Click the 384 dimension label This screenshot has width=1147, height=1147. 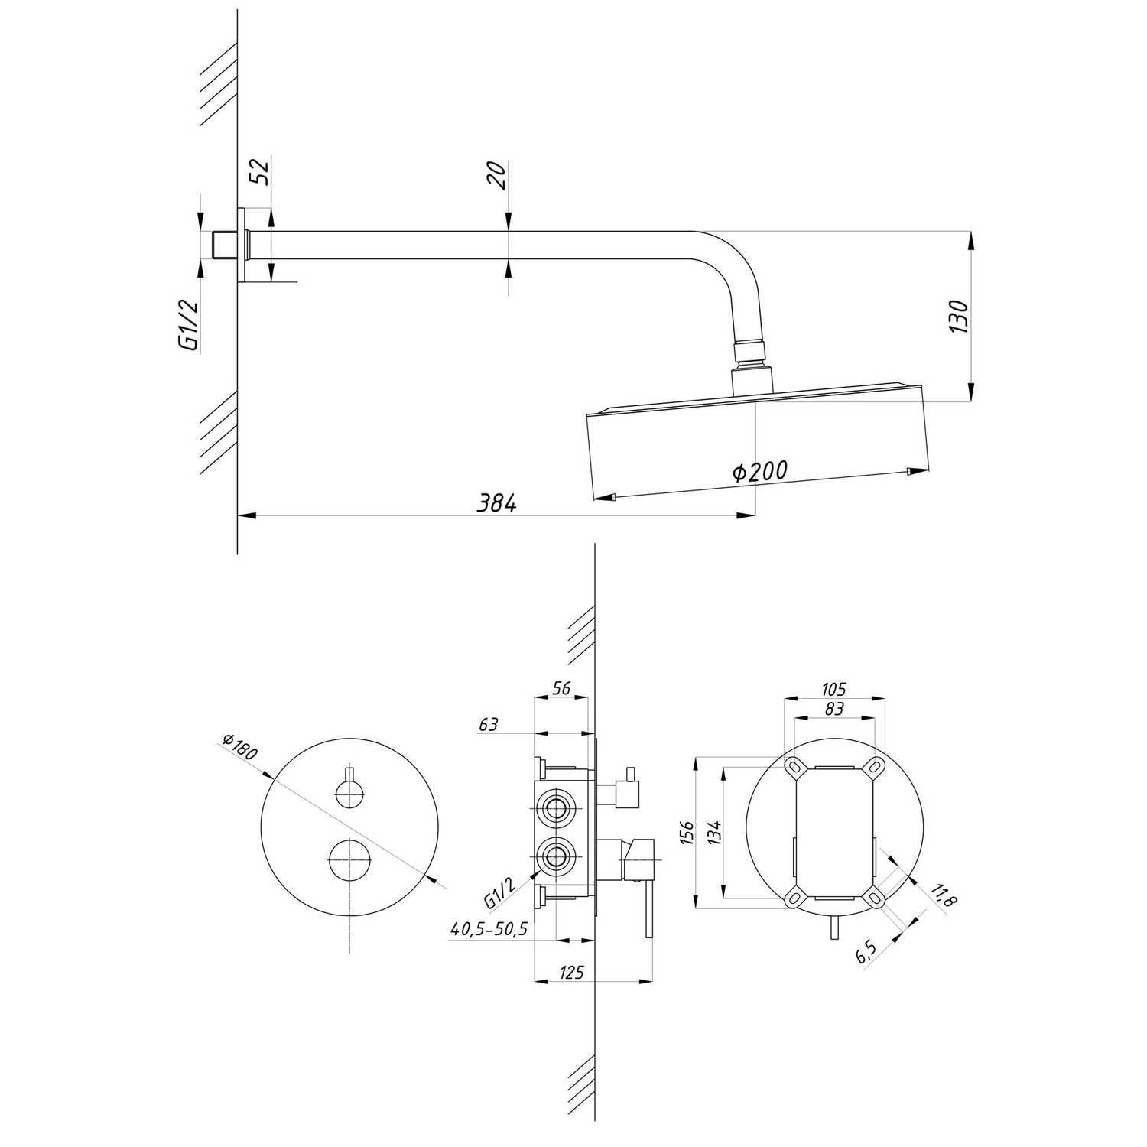tap(498, 503)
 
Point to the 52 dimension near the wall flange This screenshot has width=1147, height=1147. tap(261, 172)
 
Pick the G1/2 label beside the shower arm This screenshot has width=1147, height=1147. tap(188, 325)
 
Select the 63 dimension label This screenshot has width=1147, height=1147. tap(488, 723)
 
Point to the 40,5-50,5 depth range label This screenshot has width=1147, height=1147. tap(489, 930)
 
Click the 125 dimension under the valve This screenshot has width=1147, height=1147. tap(571, 973)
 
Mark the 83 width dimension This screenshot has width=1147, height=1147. tap(834, 709)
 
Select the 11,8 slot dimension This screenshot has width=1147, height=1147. tap(945, 895)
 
